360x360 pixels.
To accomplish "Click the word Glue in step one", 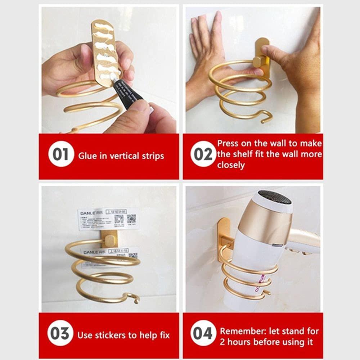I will (87, 156).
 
